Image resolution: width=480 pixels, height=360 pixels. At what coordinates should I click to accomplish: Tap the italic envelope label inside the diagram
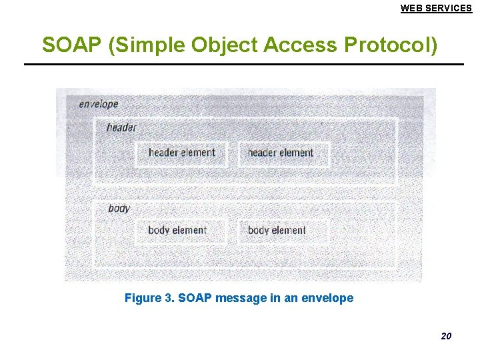tap(98, 104)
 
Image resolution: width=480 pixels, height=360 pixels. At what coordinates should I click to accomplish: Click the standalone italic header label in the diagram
tap(121, 127)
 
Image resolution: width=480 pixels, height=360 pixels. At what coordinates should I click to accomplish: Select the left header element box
tap(181, 153)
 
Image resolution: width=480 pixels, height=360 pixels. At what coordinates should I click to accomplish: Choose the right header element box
tap(281, 153)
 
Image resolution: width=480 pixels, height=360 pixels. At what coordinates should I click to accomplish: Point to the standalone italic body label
tap(119, 209)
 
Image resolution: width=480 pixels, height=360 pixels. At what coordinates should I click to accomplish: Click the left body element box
tap(177, 231)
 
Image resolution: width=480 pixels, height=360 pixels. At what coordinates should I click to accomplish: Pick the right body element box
tap(277, 231)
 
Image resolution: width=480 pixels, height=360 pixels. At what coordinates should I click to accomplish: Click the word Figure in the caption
tap(143, 298)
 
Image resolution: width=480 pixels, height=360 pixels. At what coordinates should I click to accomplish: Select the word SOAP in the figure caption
tap(194, 298)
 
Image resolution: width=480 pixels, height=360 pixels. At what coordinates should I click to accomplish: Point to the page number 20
tap(446, 336)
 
